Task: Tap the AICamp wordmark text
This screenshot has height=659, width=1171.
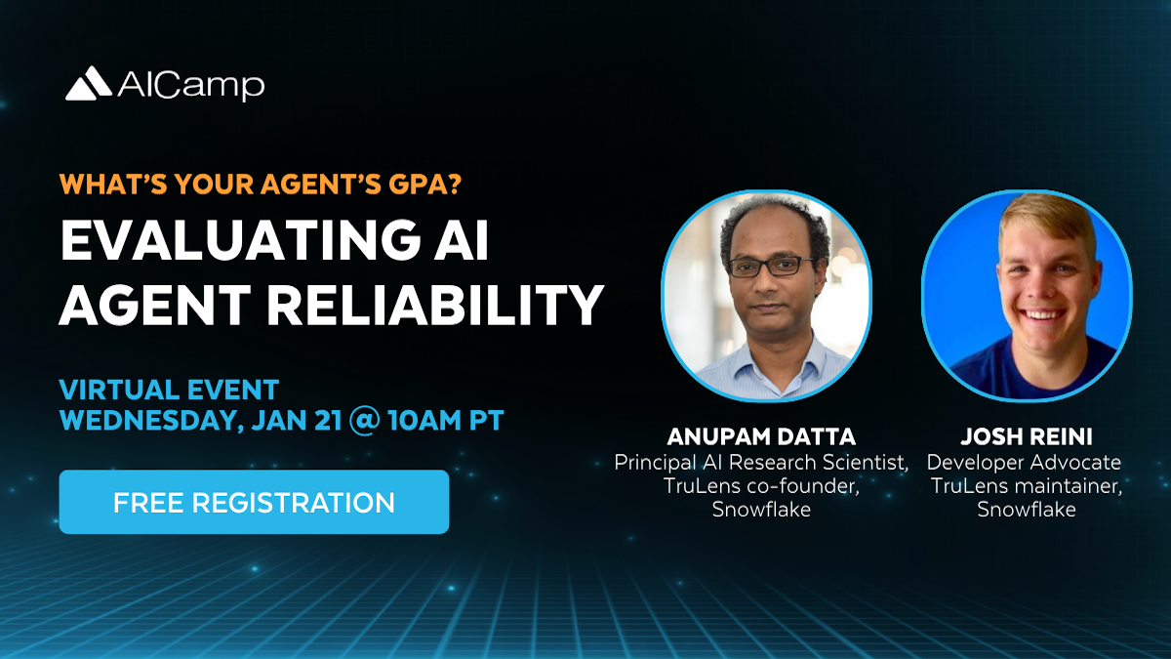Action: (x=191, y=86)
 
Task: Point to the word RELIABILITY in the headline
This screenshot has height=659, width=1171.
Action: (x=435, y=305)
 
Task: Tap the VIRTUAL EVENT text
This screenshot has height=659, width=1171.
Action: (x=169, y=390)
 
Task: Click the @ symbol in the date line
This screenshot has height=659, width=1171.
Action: (x=365, y=421)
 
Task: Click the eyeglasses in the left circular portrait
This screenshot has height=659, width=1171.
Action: (x=773, y=267)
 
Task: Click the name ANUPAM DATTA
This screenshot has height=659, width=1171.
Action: (x=761, y=436)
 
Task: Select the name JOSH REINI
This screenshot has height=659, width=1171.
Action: (x=1027, y=436)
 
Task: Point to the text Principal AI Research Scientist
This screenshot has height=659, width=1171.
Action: (x=760, y=463)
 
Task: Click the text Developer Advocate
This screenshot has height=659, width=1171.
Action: (x=1024, y=462)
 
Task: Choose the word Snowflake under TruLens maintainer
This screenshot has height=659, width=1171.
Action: (x=1027, y=509)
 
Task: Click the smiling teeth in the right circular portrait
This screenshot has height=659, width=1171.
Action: (x=1041, y=314)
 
